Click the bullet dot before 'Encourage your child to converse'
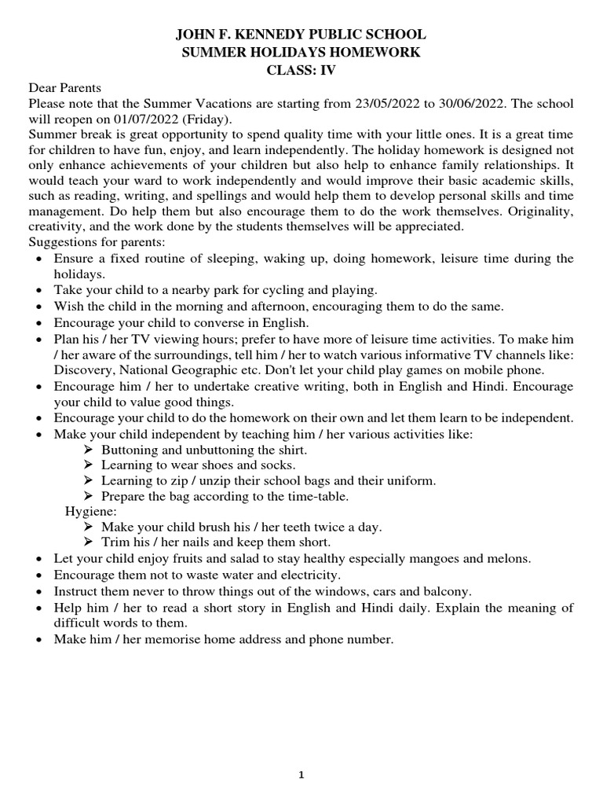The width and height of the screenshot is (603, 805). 39,323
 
